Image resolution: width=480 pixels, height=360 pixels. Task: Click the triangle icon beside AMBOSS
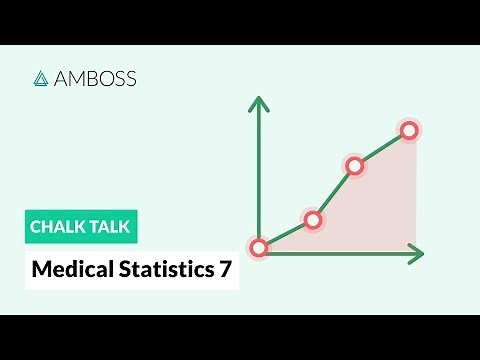[x=42, y=78]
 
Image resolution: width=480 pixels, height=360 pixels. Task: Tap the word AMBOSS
[x=94, y=78]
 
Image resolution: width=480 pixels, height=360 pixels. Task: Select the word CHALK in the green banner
[x=58, y=227]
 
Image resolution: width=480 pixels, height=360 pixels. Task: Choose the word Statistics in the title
[x=162, y=269]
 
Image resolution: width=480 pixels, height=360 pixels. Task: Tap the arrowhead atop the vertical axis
[x=259, y=103]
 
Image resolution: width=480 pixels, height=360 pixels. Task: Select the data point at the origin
[x=259, y=247]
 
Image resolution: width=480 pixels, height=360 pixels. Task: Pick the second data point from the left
[x=313, y=220]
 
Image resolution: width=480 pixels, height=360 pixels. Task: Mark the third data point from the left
[x=354, y=166]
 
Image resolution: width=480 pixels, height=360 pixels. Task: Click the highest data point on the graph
[x=408, y=129]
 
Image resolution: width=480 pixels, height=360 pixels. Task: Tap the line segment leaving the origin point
[x=286, y=233]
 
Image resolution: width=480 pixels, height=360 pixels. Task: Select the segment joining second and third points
[x=334, y=193]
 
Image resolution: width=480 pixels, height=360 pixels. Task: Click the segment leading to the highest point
[x=381, y=148]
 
